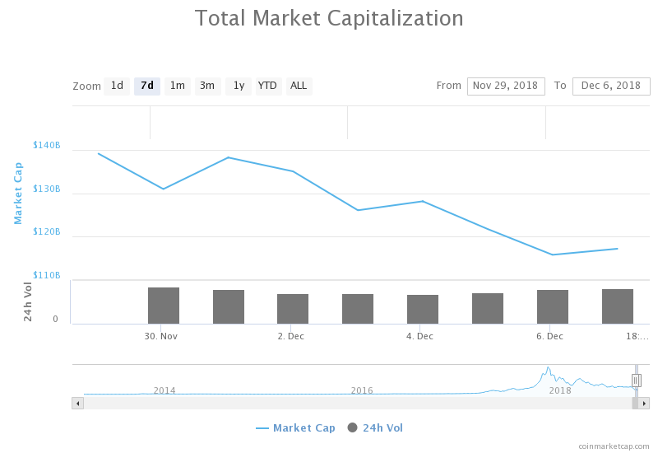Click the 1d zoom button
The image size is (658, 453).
[x=117, y=86]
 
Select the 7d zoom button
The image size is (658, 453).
[x=147, y=86]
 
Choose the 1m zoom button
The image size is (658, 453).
[x=177, y=86]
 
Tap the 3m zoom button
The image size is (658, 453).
[x=207, y=86]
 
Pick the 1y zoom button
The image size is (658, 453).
[x=238, y=86]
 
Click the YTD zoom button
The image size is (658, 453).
[x=267, y=86]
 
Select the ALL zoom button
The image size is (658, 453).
[x=299, y=86]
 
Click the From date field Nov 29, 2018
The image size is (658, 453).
[x=506, y=86]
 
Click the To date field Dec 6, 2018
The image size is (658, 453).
[x=611, y=86]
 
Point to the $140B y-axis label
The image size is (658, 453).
[x=47, y=146]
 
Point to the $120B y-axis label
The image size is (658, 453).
[x=47, y=232]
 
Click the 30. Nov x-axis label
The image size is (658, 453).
[x=161, y=336]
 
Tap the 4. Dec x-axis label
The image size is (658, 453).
[x=419, y=336]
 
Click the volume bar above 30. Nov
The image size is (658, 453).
[x=164, y=306]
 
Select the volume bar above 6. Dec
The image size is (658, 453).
[x=553, y=306]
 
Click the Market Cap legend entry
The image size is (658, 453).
[x=295, y=428]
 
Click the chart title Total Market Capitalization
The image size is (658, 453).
[x=329, y=18]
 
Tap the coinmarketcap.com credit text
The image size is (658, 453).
[x=614, y=446]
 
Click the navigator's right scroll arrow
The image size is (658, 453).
[x=645, y=403]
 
